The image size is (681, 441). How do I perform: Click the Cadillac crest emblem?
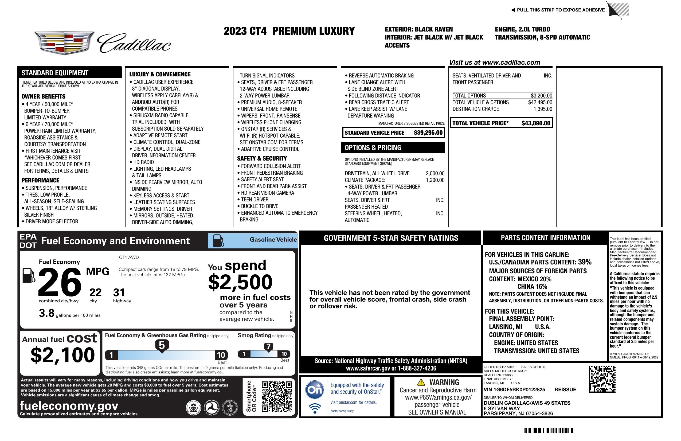tap(64, 43)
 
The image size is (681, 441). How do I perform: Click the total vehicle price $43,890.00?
tap(536, 123)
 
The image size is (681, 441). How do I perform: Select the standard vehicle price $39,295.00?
tap(428, 133)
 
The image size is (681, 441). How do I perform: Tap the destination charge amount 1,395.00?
tap(543, 109)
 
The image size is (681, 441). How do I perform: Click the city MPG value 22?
tap(95, 292)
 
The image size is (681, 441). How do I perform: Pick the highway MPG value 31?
tap(119, 292)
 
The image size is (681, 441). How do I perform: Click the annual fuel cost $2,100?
tap(62, 355)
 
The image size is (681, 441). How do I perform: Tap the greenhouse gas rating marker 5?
tap(162, 345)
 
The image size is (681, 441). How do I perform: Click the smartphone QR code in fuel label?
tap(277, 396)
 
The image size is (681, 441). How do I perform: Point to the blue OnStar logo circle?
tap(315, 389)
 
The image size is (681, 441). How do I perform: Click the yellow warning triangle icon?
tap(421, 382)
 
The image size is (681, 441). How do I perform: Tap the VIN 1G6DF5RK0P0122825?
tap(514, 389)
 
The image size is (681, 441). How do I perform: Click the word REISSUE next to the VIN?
tap(565, 389)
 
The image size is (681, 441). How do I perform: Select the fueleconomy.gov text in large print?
tap(69, 406)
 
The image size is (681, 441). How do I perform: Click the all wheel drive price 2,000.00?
tap(435, 173)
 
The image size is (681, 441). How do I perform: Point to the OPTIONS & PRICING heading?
tap(373, 148)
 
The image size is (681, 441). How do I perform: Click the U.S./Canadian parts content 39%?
tap(584, 262)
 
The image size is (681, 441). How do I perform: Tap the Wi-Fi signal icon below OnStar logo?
tap(315, 408)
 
